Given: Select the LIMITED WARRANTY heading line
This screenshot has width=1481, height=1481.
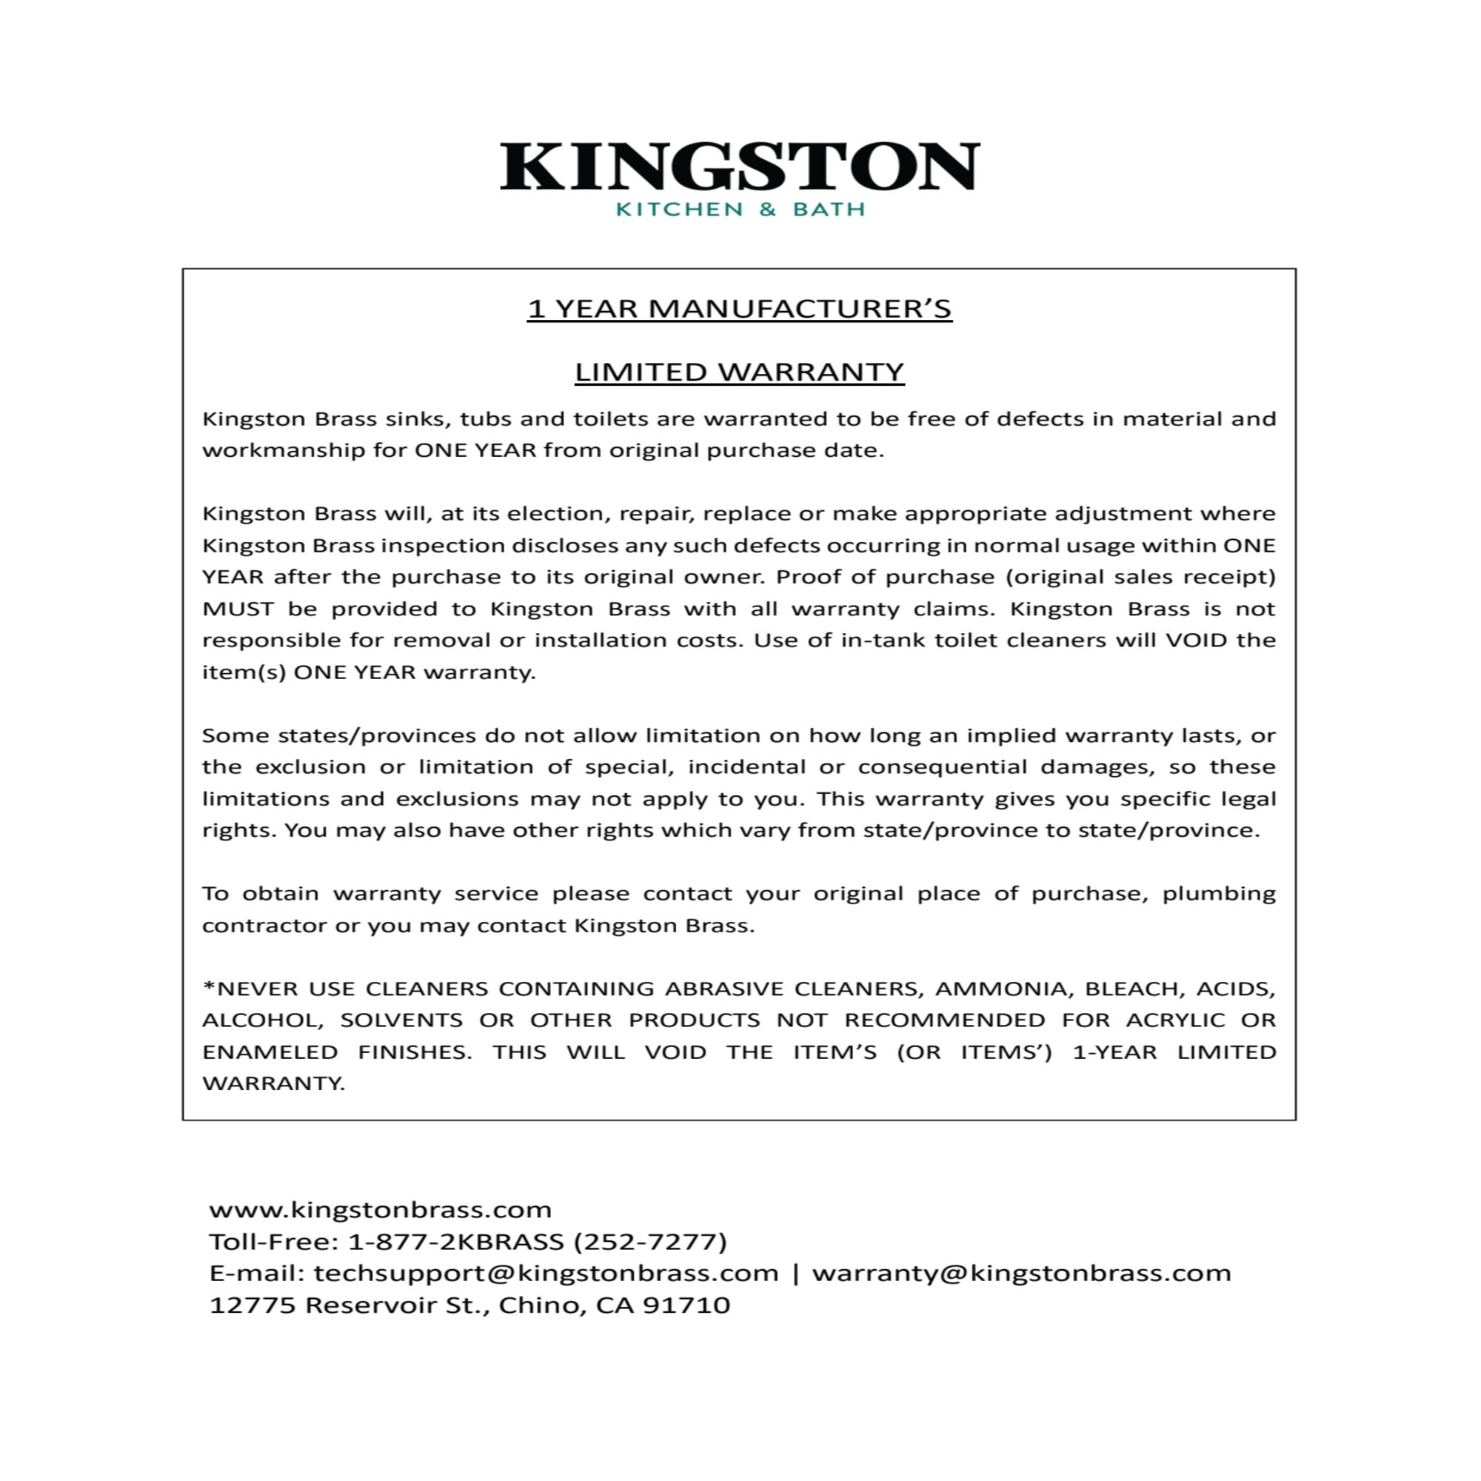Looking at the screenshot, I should (740, 372).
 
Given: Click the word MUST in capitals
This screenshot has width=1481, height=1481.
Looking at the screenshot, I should (238, 609).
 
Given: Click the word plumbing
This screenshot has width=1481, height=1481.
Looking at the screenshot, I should (1219, 894).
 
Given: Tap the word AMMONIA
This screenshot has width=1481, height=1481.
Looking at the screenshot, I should (1001, 989).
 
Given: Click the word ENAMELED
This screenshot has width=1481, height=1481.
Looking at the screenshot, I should (270, 1052).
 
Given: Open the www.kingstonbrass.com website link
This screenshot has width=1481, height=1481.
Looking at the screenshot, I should (380, 1210).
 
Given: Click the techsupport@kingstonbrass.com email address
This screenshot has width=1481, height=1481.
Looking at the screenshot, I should (546, 1273).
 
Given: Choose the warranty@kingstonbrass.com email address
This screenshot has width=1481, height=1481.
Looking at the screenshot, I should (1021, 1273).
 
